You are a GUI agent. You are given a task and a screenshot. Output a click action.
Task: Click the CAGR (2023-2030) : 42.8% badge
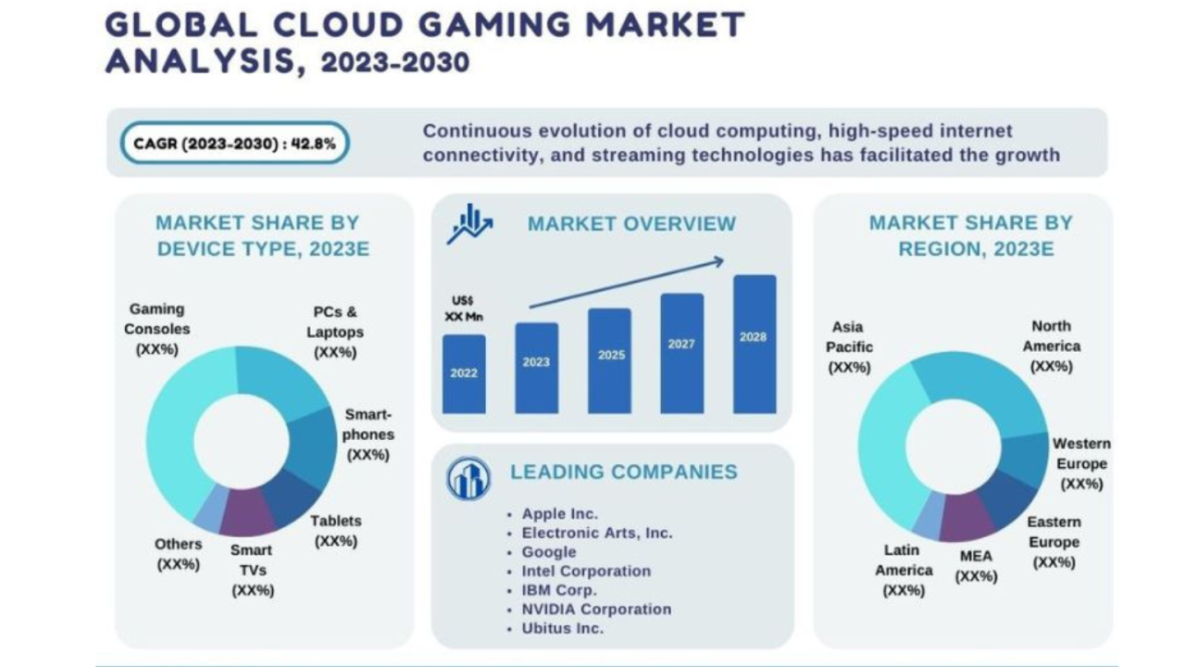tap(234, 144)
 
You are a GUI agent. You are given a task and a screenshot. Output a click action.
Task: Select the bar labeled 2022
tap(464, 373)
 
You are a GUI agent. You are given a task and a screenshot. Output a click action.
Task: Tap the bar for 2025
tap(609, 360)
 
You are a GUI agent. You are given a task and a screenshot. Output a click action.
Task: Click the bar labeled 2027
tap(681, 353)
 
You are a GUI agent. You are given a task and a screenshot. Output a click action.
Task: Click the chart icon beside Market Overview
tap(468, 224)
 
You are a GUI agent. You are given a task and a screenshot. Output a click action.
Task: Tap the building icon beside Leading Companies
tap(468, 478)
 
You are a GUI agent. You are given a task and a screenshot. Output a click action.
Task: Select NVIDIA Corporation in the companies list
tap(596, 610)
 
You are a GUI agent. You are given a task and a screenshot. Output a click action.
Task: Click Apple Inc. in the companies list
tap(559, 514)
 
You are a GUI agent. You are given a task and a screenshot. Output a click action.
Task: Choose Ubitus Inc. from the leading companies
tap(562, 628)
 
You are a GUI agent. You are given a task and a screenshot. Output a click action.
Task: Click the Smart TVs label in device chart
tap(252, 570)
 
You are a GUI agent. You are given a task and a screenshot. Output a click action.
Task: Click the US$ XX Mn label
tap(463, 308)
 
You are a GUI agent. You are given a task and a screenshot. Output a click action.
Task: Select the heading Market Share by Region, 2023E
tap(969, 235)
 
